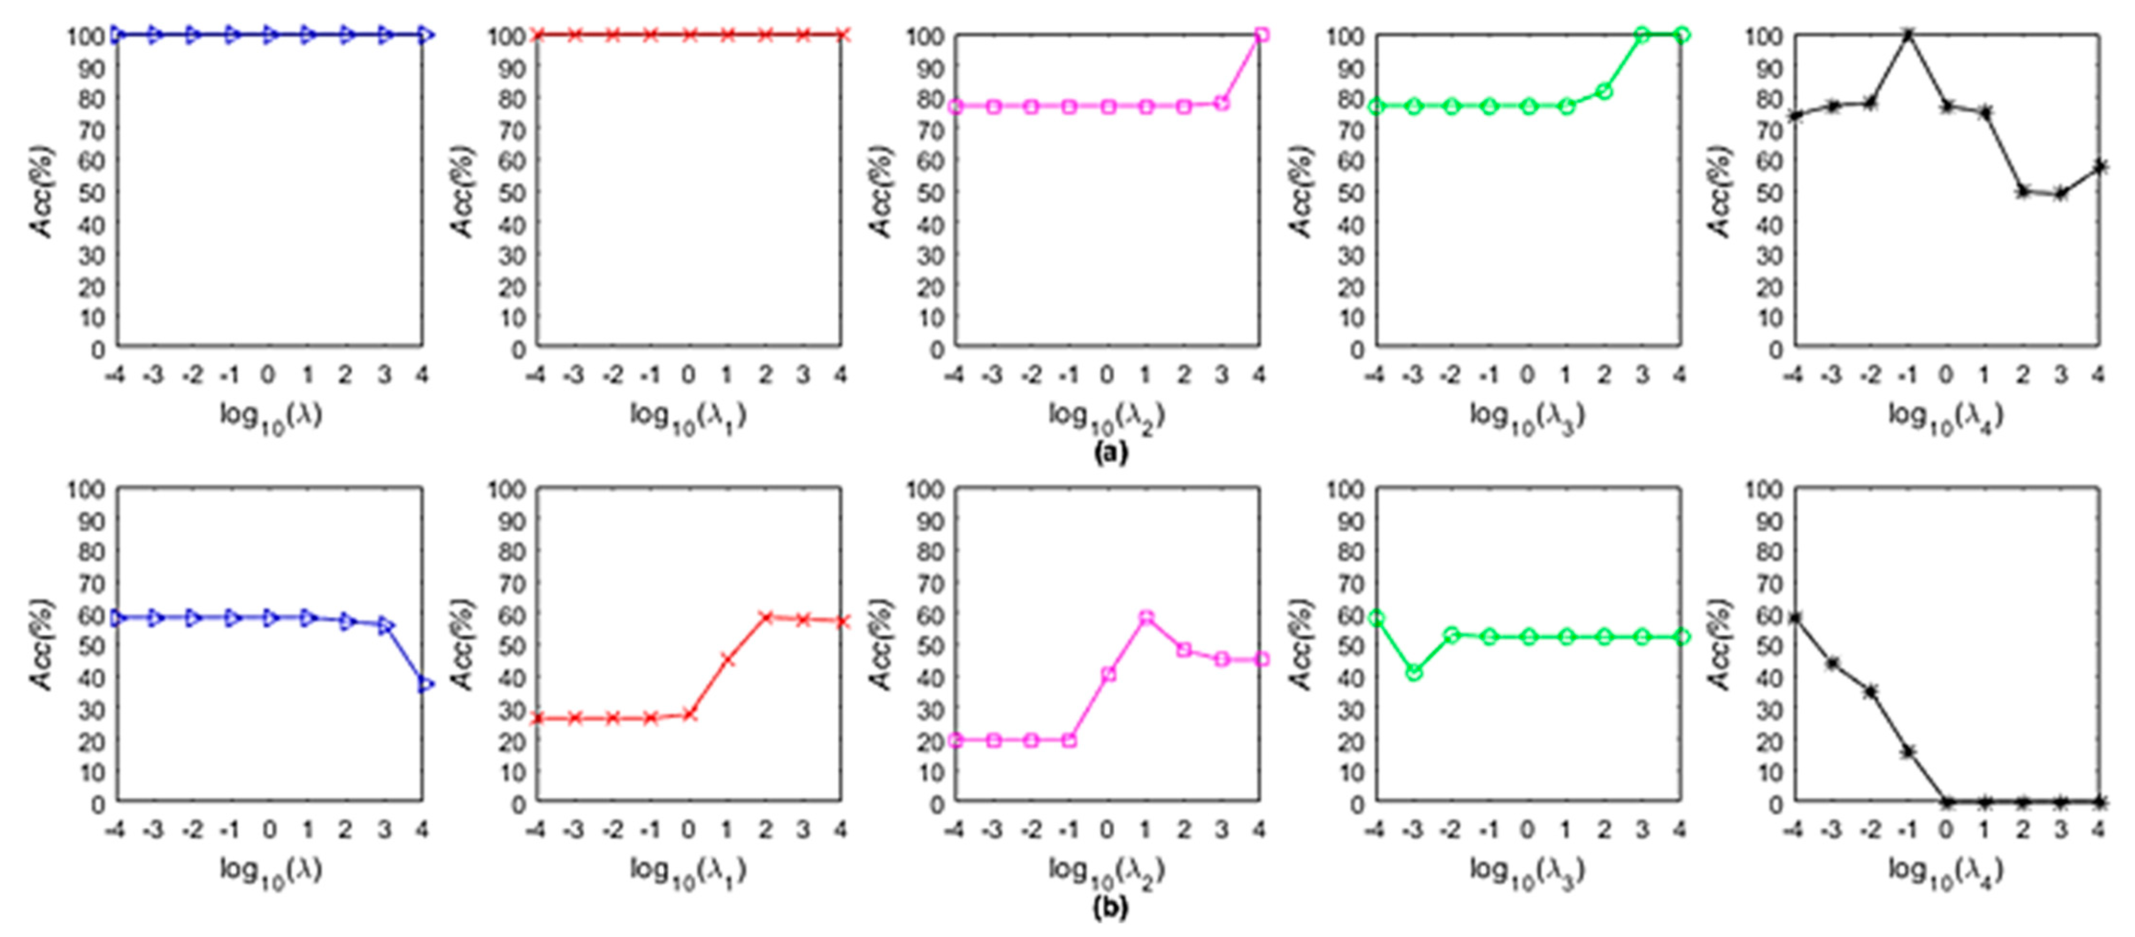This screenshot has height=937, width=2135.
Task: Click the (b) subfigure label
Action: pyautogui.click(x=1110, y=908)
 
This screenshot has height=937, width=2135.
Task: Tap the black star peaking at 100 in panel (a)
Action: pyautogui.click(x=1908, y=35)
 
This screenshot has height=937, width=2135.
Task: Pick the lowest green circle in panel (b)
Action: pyautogui.click(x=1414, y=672)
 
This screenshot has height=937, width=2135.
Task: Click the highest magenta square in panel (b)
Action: pyautogui.click(x=1146, y=618)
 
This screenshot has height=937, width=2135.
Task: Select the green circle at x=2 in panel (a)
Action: pyautogui.click(x=1604, y=91)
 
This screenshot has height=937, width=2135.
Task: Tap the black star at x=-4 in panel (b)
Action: pyautogui.click(x=1794, y=618)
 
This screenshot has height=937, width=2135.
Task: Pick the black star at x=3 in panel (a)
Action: pyautogui.click(x=2060, y=194)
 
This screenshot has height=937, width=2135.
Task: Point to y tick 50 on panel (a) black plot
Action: pyautogui.click(x=1762, y=192)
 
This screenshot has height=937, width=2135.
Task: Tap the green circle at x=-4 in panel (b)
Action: pyautogui.click(x=1376, y=618)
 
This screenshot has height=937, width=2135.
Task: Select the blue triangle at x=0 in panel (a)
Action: pyautogui.click(x=269, y=35)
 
